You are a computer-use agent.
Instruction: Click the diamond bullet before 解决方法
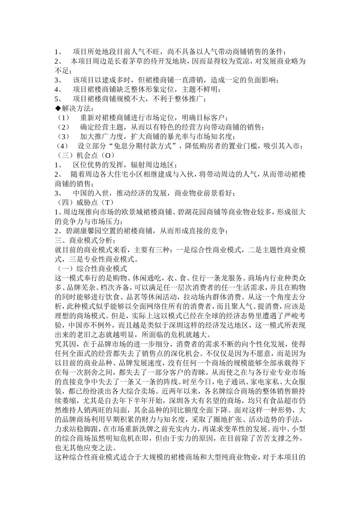pyautogui.click(x=58, y=108)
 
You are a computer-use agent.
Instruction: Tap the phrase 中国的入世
pyautogui.click(x=91, y=193)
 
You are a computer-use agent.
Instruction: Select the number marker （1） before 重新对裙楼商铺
pyautogui.click(x=63, y=118)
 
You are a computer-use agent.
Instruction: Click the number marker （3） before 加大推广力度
pyautogui.click(x=63, y=137)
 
